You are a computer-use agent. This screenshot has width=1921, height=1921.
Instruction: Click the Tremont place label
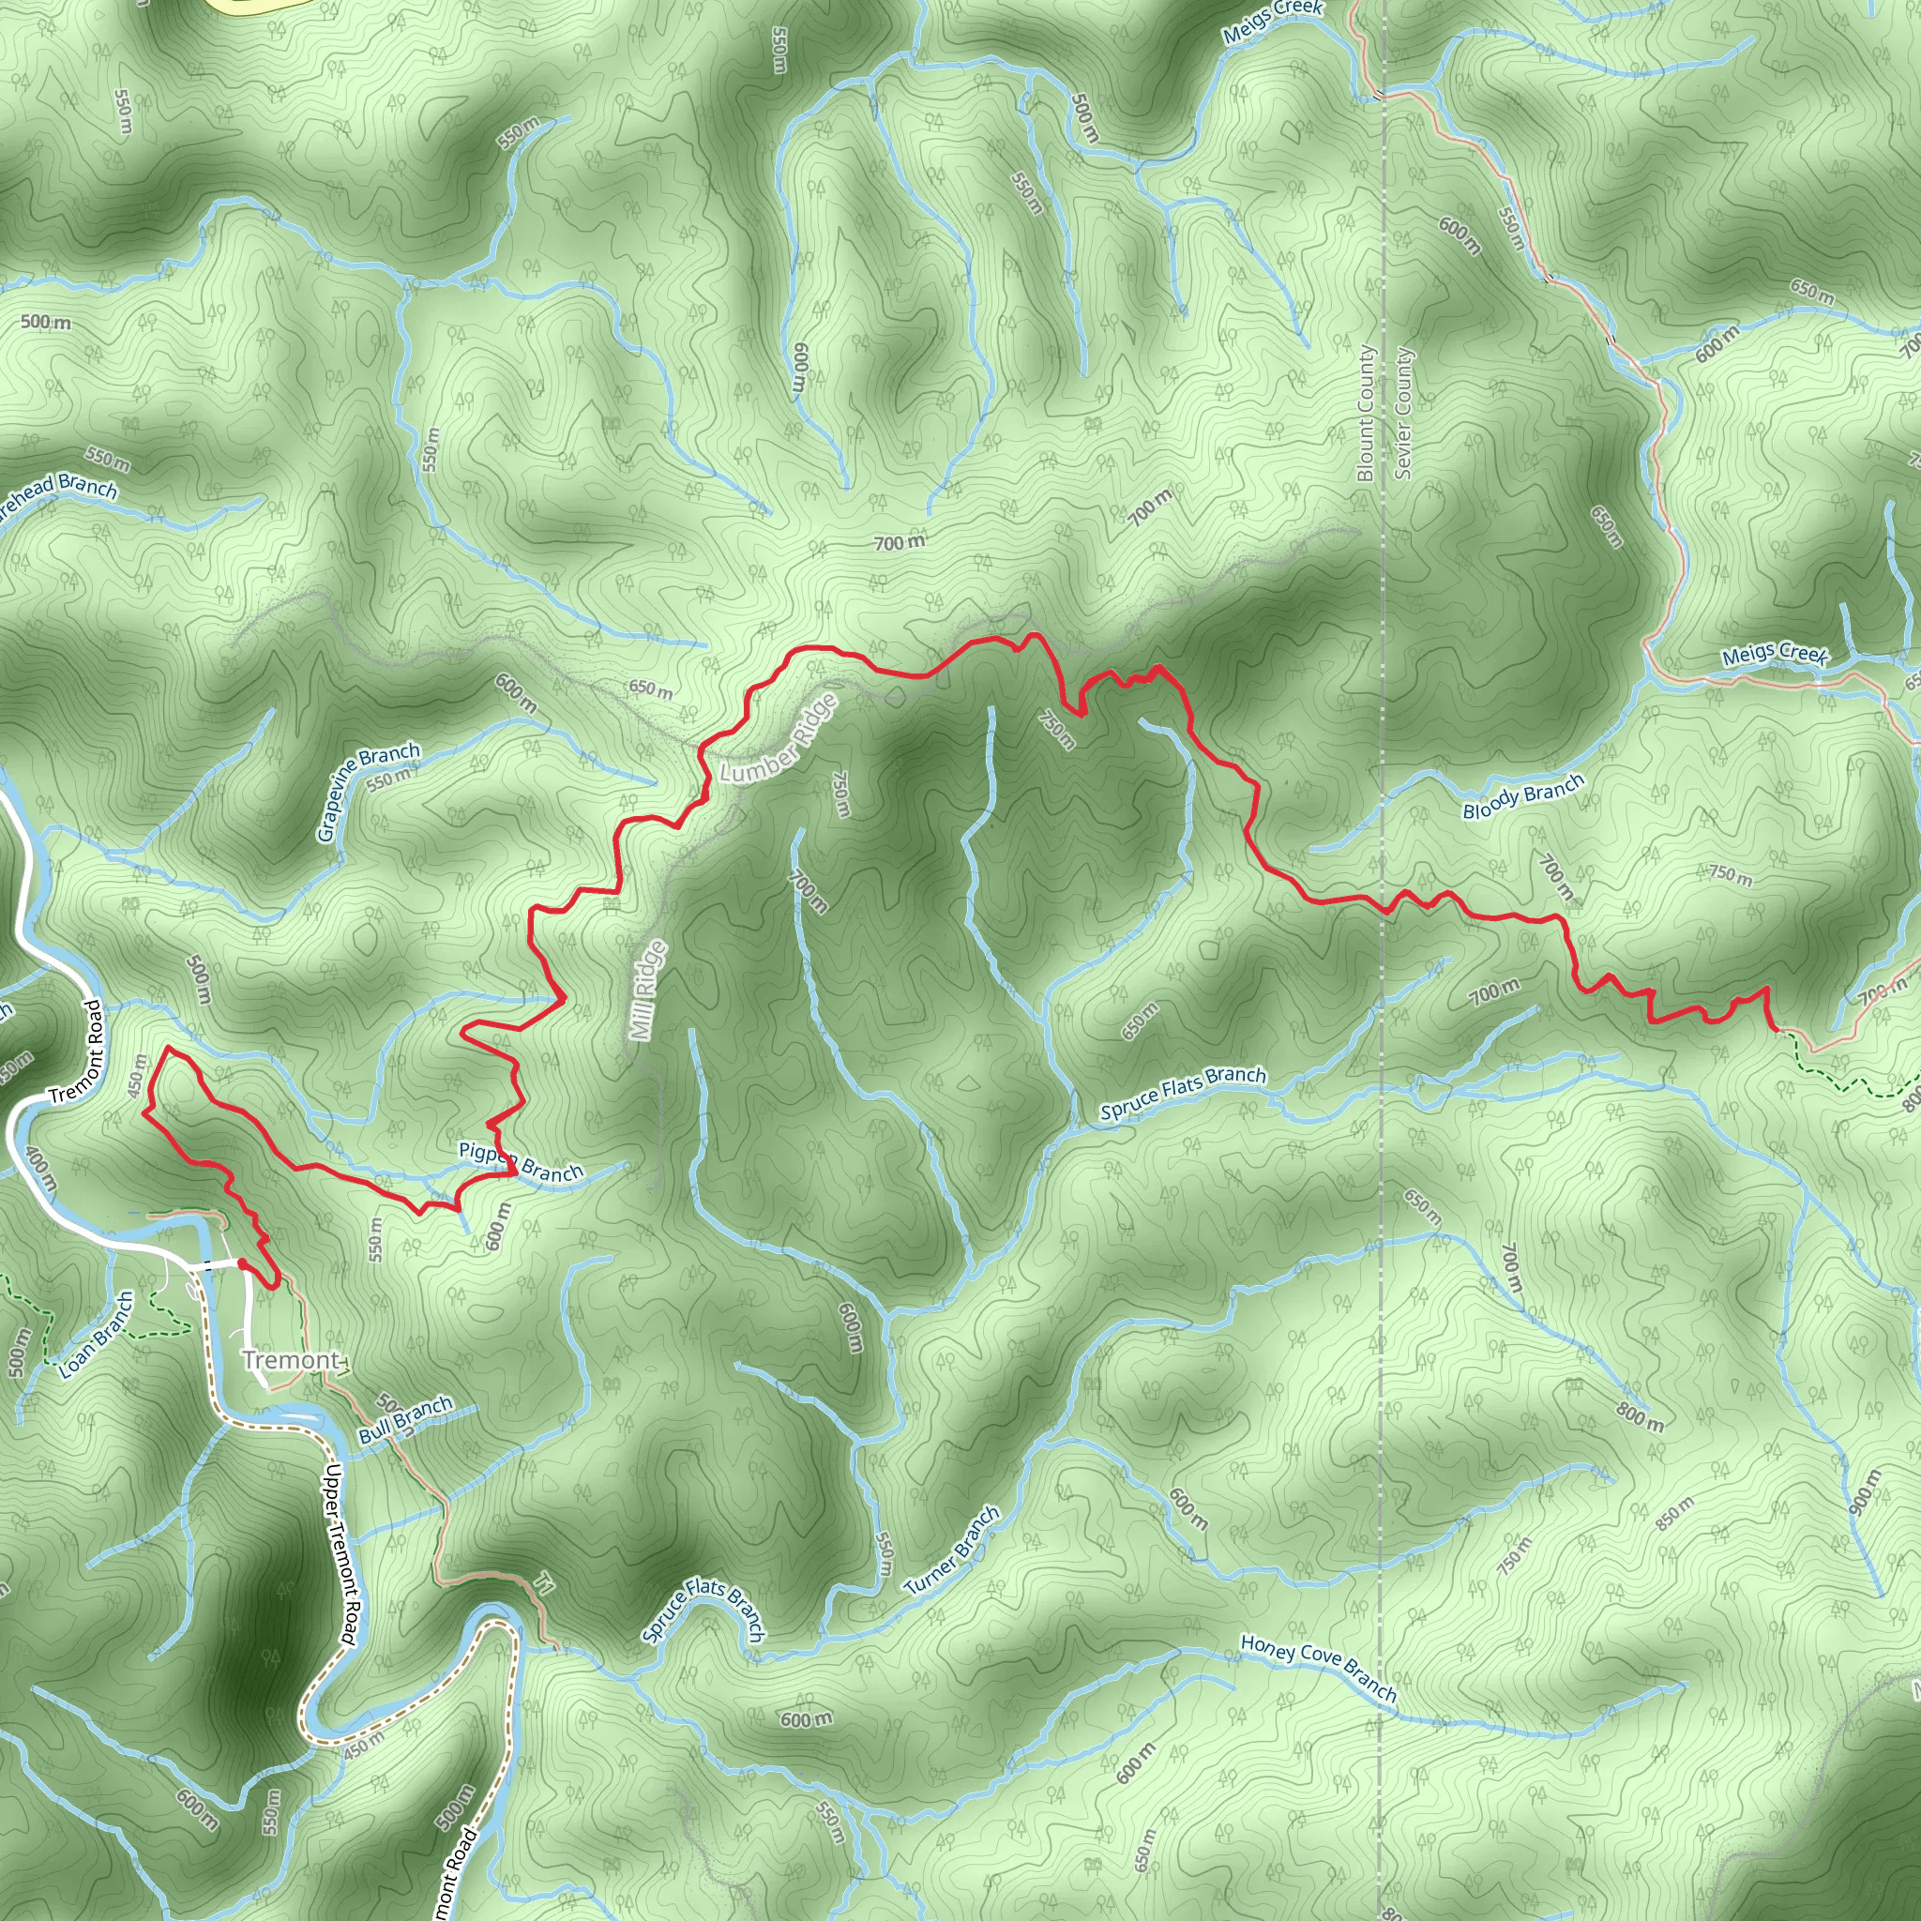(292, 1360)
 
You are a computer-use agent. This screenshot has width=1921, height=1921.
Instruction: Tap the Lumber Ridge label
(778, 739)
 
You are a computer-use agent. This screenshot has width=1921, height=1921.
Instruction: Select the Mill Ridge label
(647, 991)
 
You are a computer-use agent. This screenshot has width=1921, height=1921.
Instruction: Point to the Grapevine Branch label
(369, 792)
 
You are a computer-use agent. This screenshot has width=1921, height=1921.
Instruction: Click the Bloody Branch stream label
(1522, 796)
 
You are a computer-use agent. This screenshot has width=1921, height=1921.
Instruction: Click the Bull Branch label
(405, 1421)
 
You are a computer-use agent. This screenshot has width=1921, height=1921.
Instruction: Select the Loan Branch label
(96, 1335)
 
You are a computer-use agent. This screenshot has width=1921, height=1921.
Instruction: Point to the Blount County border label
(1365, 414)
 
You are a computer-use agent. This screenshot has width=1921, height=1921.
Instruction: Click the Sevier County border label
(1403, 414)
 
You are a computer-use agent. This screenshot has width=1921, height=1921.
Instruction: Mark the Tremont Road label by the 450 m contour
(77, 1051)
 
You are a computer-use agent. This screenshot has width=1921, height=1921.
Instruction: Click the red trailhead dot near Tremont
(243, 1263)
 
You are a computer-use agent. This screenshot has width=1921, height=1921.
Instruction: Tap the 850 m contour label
(1674, 1513)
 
